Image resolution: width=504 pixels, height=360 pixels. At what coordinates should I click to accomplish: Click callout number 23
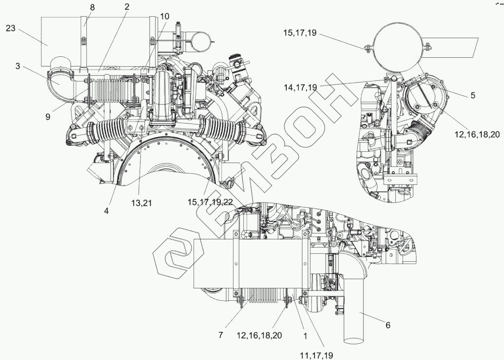click(x=11, y=28)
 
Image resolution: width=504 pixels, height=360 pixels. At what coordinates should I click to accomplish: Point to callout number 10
click(x=164, y=16)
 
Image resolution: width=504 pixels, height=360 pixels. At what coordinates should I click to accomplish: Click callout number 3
click(x=18, y=66)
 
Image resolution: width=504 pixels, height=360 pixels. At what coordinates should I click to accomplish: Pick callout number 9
click(x=47, y=117)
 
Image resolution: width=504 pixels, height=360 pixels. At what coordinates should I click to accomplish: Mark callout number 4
click(x=107, y=209)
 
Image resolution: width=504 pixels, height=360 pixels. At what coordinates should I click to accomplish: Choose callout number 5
click(x=472, y=96)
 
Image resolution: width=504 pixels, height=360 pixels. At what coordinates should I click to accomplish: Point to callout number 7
click(x=221, y=335)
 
